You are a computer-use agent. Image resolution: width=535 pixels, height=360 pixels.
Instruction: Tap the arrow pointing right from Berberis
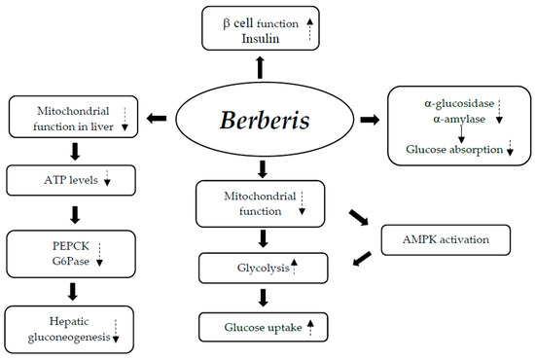tap(372, 119)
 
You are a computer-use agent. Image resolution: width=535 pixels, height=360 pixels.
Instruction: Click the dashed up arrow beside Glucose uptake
tap(310, 327)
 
